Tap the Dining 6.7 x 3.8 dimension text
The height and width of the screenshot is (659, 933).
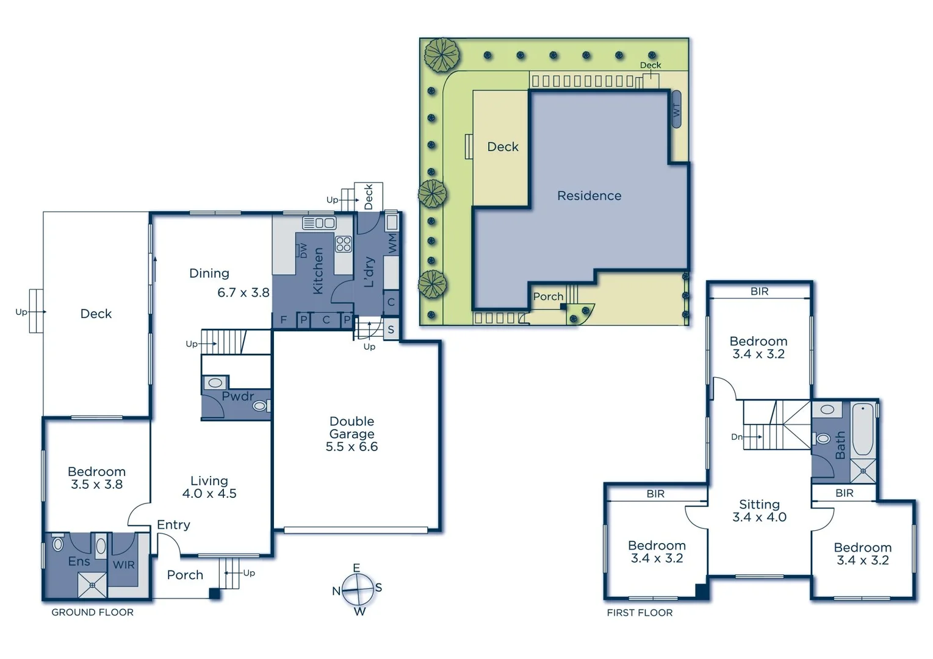[x=243, y=293]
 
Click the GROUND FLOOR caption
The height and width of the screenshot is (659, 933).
[x=92, y=612]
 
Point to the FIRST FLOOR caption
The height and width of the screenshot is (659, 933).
[x=639, y=613]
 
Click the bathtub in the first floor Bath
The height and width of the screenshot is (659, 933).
[x=862, y=430]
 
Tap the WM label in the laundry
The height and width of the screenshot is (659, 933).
[x=392, y=243]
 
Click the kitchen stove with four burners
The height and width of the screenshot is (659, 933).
[x=344, y=244]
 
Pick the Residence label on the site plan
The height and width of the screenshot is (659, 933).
[x=589, y=196]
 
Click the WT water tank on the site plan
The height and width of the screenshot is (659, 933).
[x=676, y=110]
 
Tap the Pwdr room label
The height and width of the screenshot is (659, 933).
[x=237, y=397]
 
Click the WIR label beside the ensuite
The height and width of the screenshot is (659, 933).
[x=123, y=565]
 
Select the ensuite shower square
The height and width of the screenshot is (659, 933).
[x=92, y=585]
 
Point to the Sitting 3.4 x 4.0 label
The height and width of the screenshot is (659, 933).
[x=759, y=511]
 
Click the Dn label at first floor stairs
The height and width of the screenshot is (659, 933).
[x=737, y=437]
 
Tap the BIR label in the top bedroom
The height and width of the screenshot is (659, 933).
[x=759, y=292]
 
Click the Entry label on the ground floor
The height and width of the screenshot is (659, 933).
[x=173, y=525]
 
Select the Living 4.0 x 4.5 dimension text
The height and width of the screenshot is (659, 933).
[x=209, y=494]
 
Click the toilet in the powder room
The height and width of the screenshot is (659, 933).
[x=260, y=405]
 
